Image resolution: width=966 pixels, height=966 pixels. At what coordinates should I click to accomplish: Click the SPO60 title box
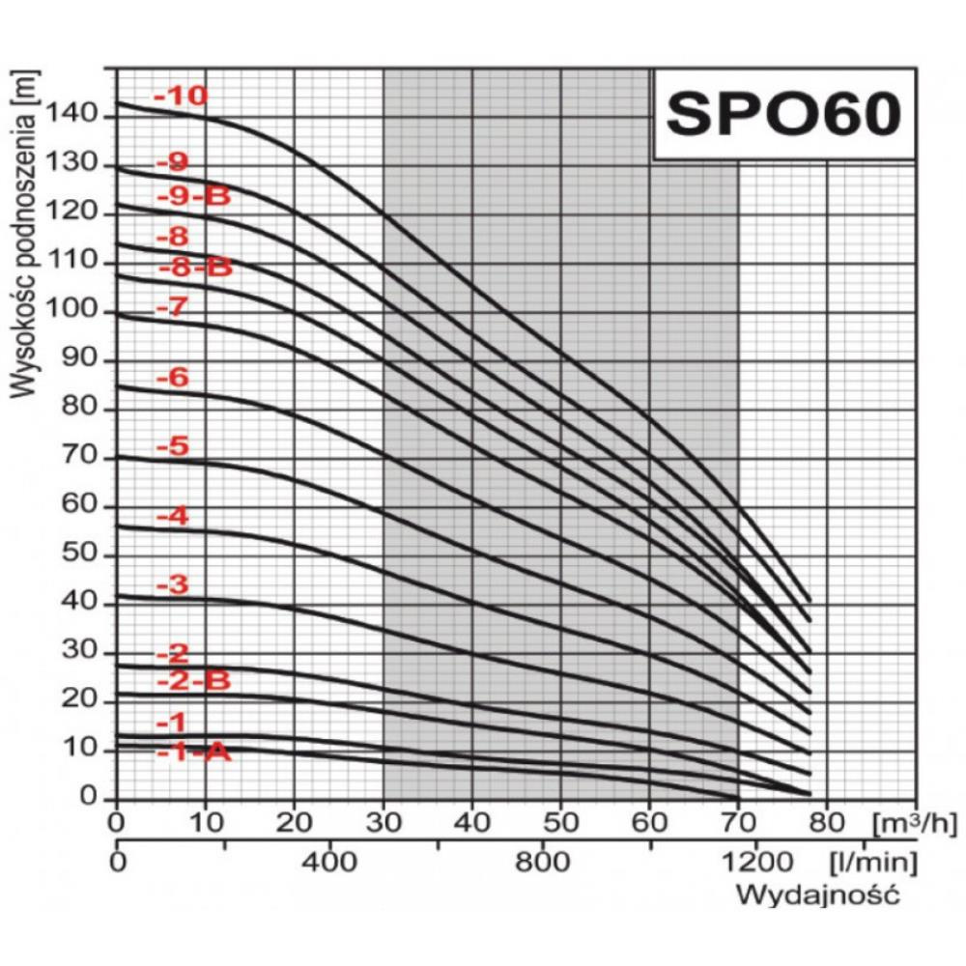[783, 114]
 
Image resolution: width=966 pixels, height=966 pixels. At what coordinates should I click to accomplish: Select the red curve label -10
[181, 97]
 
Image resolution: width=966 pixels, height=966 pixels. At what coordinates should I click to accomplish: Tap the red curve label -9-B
[194, 197]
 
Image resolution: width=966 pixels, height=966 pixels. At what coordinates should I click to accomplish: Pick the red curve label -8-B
[194, 268]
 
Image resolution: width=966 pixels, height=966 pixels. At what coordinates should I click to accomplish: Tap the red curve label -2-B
[194, 681]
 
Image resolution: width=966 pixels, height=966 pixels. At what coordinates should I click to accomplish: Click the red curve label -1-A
[194, 752]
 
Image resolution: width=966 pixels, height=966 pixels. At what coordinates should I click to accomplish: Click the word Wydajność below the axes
[817, 895]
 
